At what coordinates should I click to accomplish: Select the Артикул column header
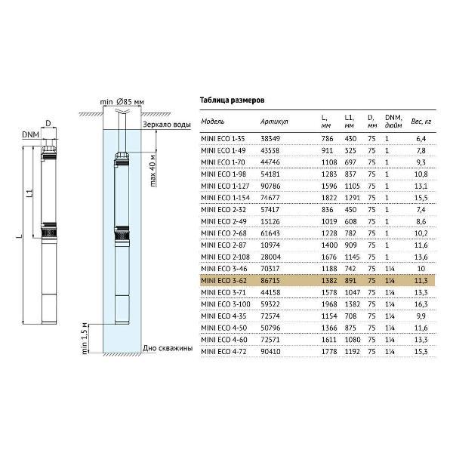click(x=274, y=121)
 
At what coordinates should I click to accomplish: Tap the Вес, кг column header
click(x=421, y=121)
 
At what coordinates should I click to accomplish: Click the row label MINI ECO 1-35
click(x=223, y=139)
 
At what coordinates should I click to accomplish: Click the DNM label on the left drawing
click(x=30, y=134)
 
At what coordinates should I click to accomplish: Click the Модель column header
click(x=214, y=121)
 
